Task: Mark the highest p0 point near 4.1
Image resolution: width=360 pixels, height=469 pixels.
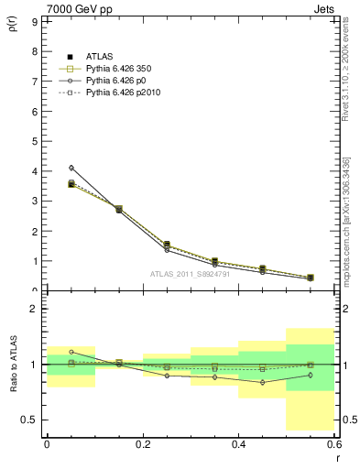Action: click(x=71, y=168)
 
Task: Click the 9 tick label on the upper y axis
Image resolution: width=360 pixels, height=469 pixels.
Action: click(x=34, y=21)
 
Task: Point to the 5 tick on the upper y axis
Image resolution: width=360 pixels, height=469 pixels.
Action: click(x=34, y=141)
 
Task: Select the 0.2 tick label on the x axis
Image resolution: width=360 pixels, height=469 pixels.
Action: click(x=142, y=443)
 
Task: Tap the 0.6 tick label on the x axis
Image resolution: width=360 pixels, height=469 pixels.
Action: click(x=333, y=443)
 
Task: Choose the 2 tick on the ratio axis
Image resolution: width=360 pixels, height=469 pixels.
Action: click(x=34, y=310)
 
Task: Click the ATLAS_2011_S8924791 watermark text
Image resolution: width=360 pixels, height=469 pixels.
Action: click(x=189, y=273)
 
